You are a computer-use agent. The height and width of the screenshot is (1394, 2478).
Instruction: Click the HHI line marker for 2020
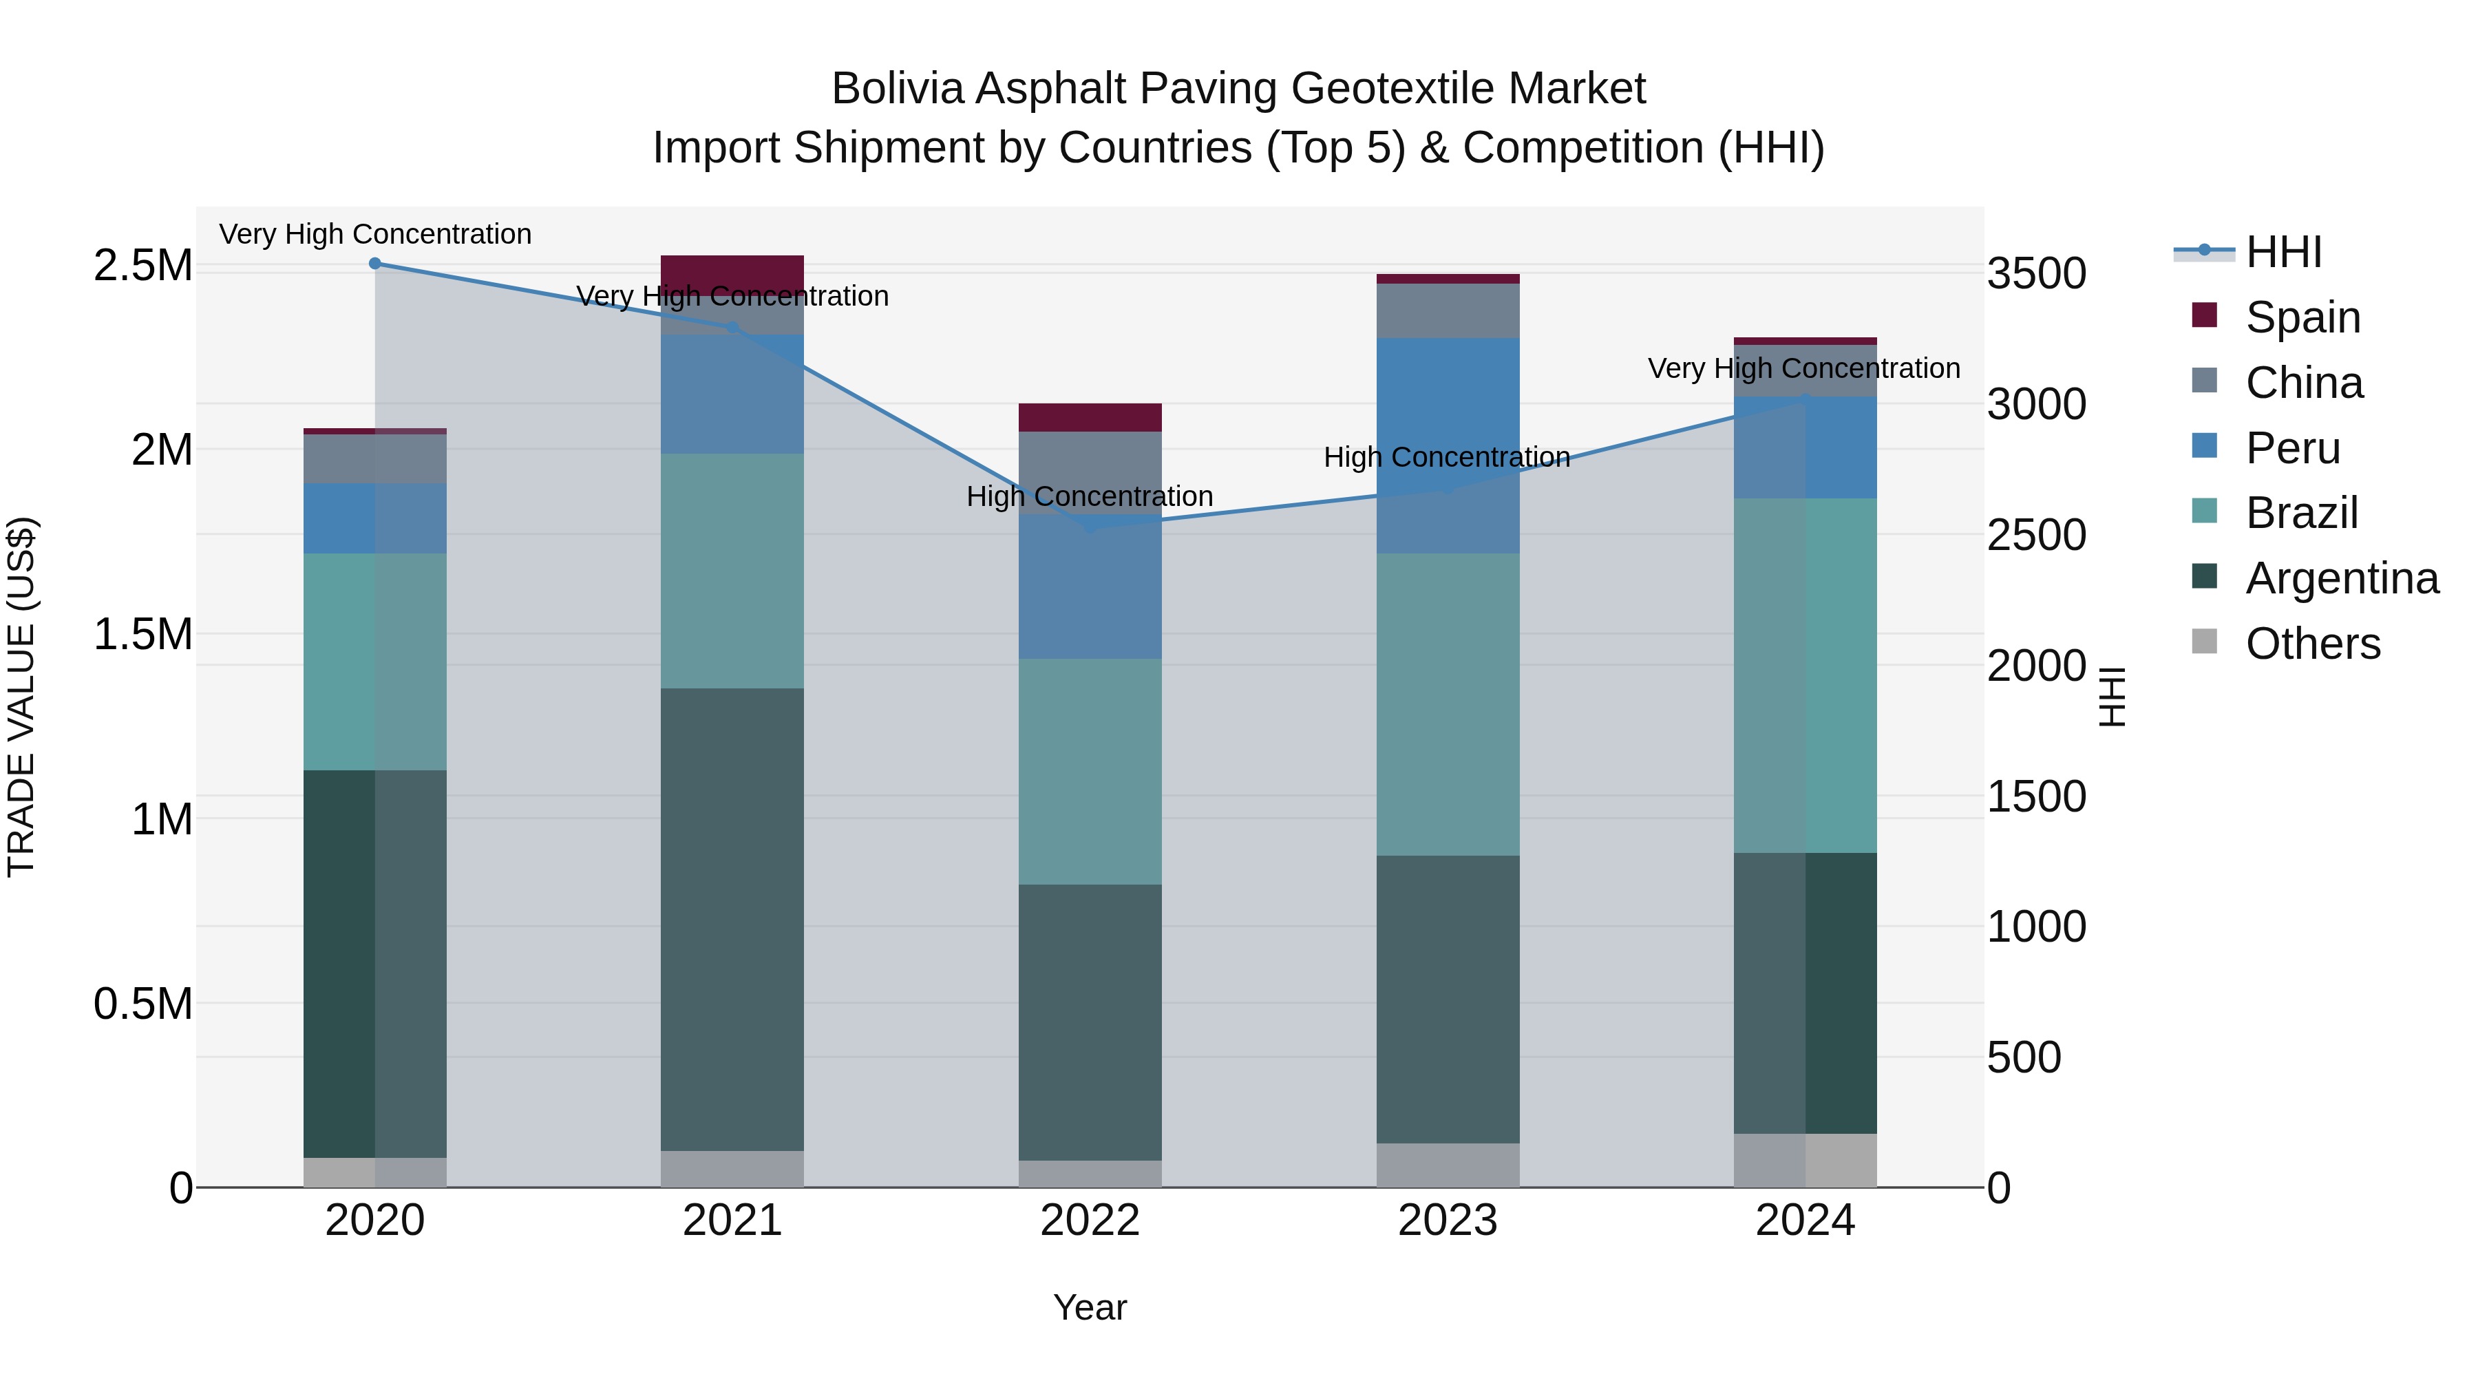[x=375, y=264]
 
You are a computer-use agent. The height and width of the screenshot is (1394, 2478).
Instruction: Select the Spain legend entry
[x=2302, y=317]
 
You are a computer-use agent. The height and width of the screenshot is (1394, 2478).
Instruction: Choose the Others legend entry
[x=2311, y=644]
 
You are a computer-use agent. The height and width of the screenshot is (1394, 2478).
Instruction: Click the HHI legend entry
[x=2283, y=252]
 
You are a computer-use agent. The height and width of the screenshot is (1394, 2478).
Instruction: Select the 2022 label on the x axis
[x=1090, y=1221]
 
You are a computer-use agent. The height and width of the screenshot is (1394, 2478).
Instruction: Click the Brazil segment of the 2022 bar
[x=1090, y=772]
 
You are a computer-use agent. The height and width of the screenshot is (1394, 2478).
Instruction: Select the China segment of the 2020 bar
[x=375, y=459]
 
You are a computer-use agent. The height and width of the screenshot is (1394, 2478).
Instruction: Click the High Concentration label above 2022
[x=1090, y=496]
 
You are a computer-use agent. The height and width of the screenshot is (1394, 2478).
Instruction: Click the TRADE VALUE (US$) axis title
[x=21, y=697]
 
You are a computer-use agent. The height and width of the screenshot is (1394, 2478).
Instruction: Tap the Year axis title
[x=1090, y=1307]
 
